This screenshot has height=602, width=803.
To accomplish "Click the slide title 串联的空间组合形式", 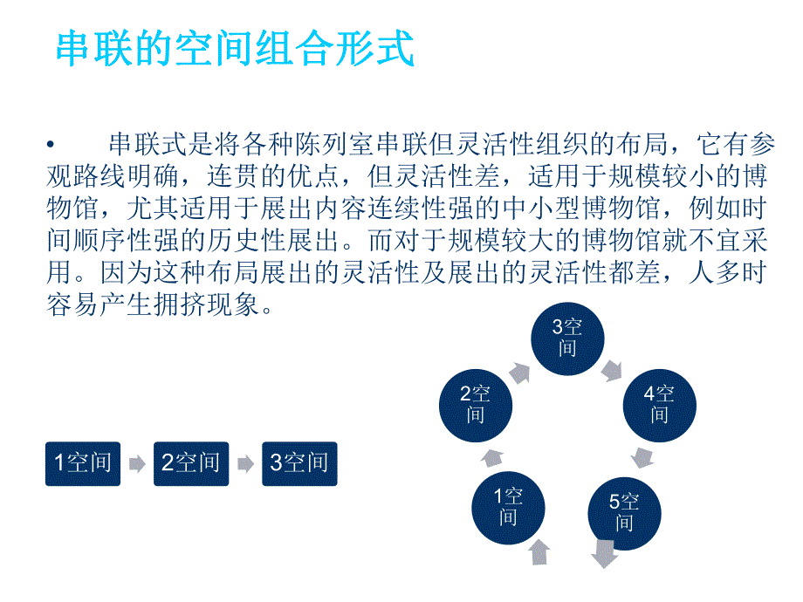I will click(234, 50).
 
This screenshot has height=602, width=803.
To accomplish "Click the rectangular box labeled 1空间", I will click(82, 463).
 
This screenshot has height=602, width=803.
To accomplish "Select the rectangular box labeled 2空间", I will click(190, 463).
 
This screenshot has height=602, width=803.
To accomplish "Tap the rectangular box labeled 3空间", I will click(299, 463).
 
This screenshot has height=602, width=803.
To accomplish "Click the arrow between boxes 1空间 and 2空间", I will click(136, 464).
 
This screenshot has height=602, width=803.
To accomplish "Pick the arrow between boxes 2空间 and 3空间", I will click(244, 464).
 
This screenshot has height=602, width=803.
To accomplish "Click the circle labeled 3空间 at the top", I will click(567, 339).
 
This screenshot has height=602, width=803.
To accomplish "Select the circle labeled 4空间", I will click(659, 403).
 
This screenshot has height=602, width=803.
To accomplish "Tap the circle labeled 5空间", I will click(623, 512).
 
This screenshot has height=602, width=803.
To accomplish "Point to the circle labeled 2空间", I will click(475, 403).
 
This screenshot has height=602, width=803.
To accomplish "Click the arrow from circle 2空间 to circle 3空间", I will click(518, 373).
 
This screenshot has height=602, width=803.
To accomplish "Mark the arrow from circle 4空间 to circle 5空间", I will click(643, 457).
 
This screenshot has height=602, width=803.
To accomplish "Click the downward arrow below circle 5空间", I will click(603, 553).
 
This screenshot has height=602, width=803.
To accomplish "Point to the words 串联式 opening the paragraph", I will click(138, 145).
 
